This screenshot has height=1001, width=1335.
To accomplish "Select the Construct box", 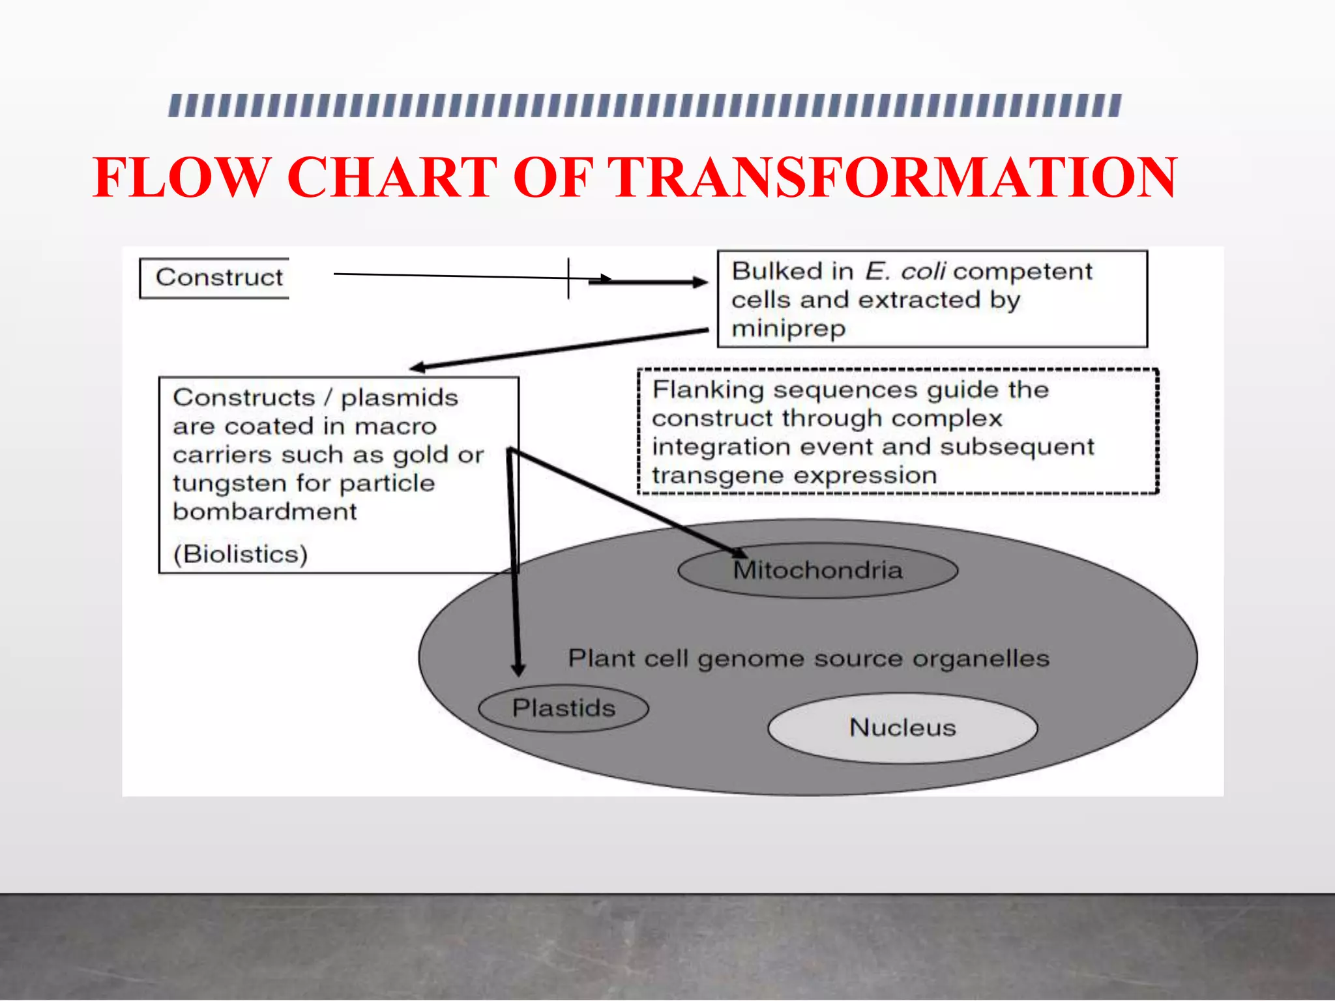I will pos(215,278).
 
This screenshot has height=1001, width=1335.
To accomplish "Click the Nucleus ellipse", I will pos(902,728).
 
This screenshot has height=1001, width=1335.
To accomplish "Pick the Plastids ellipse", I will pos(563,708).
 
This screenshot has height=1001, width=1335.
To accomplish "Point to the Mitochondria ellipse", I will pos(817,571).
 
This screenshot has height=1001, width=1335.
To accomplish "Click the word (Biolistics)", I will pos(240,555).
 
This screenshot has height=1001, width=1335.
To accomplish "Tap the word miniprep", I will pos(788,328).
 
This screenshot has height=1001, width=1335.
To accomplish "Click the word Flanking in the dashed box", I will pos(707,390).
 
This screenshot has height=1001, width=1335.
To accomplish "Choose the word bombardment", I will pos(265,512).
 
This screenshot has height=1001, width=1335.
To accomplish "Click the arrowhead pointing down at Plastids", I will pos(518,669).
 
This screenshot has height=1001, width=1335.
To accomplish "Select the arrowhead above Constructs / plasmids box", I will pos(418,368).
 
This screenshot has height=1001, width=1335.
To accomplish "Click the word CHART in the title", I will pos(391,178).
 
